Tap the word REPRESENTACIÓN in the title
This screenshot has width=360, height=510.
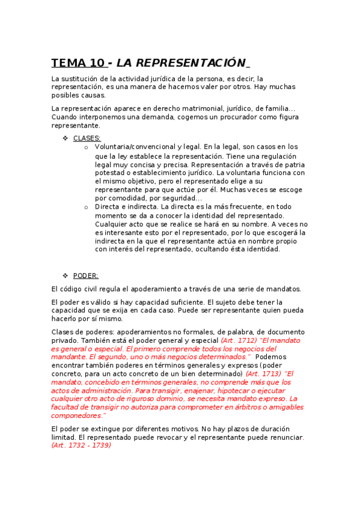coord(181,63)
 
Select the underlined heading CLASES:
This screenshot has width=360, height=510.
coord(87,138)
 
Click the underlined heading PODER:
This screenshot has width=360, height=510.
coord(86,276)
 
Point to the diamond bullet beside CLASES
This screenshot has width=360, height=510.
coord(66,138)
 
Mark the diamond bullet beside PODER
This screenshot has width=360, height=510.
coord(66,276)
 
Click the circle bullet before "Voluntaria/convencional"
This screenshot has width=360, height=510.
coord(87,147)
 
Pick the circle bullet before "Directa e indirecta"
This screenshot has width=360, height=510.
coord(87,207)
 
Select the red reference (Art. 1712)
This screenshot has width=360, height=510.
coord(240,340)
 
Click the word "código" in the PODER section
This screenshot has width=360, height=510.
coord(73,289)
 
